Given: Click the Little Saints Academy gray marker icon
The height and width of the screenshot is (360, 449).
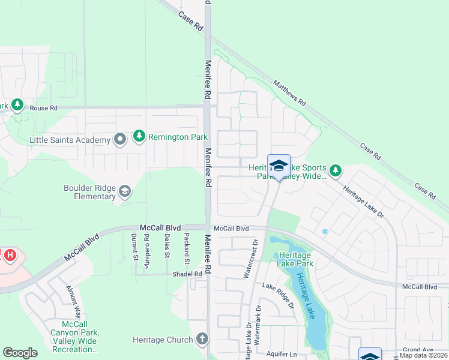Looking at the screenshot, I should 120,139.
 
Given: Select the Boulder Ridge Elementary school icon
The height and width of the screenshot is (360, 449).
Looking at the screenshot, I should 125,191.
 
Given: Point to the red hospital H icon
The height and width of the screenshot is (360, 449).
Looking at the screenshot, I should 10,255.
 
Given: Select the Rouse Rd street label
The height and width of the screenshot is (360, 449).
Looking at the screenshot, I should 43,108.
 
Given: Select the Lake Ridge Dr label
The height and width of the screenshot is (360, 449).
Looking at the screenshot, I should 278,296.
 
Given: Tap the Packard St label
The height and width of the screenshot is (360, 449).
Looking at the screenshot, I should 187,248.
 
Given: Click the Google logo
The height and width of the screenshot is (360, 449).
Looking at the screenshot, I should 20,353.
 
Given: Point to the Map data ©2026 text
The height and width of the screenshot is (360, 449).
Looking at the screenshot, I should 424,355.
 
